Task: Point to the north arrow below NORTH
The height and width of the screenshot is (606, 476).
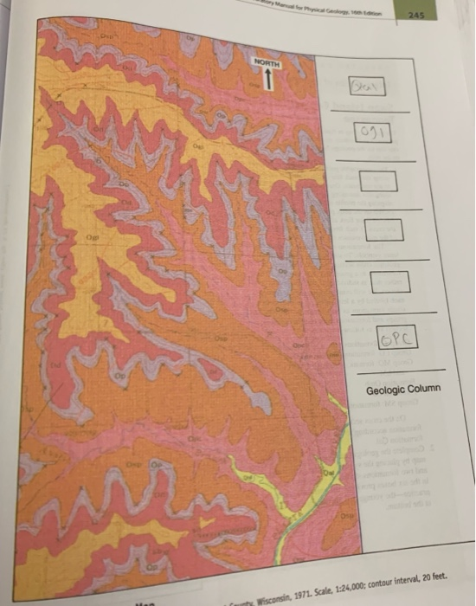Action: point(268,81)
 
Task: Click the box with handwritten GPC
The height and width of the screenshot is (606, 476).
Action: point(397,338)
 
